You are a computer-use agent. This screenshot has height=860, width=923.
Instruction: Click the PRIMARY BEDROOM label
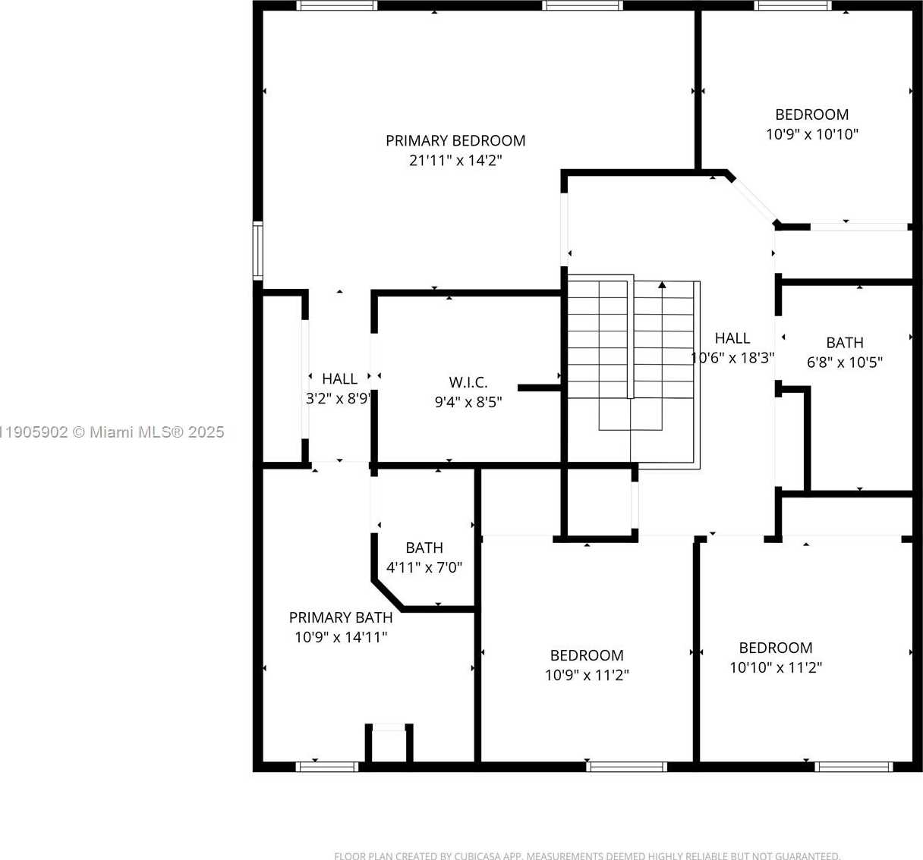(x=455, y=140)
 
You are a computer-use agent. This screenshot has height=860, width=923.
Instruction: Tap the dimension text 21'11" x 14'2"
(x=455, y=160)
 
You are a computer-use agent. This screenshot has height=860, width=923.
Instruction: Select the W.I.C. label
(x=468, y=382)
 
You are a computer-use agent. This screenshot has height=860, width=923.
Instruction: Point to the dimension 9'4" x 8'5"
(x=468, y=402)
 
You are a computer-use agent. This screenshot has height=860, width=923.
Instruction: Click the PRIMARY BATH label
(x=341, y=617)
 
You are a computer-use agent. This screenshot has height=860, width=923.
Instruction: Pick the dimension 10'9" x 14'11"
(x=341, y=637)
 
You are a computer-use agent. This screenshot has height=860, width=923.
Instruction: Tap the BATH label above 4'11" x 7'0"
(x=424, y=548)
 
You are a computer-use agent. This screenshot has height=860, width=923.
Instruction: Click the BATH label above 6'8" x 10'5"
(x=845, y=343)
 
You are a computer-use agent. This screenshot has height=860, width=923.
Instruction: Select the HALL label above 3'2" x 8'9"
(x=339, y=378)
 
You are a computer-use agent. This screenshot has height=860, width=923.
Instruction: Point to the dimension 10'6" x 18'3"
(x=732, y=358)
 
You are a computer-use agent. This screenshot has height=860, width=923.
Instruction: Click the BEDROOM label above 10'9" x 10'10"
(x=811, y=115)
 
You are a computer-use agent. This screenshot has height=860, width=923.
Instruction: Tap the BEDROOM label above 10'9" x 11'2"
(x=587, y=655)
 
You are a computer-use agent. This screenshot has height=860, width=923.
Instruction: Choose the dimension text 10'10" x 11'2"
(x=776, y=667)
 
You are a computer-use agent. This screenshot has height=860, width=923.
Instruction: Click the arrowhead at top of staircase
(x=662, y=285)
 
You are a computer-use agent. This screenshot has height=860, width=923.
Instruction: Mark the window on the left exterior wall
(x=258, y=251)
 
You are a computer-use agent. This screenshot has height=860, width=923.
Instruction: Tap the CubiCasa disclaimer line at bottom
(x=587, y=855)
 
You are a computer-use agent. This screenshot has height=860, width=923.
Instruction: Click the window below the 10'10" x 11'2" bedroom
(x=853, y=767)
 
